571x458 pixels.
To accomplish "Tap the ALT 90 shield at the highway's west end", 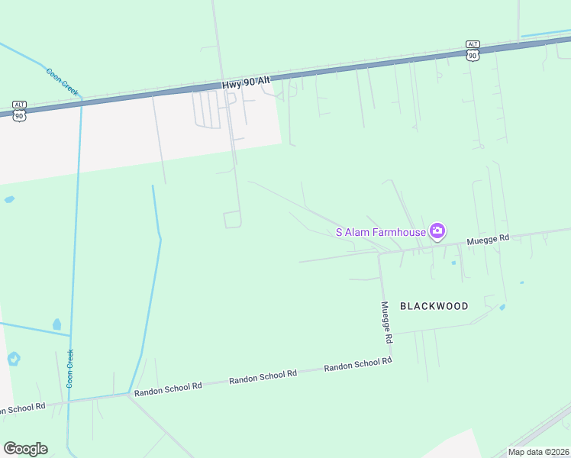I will point(20,111).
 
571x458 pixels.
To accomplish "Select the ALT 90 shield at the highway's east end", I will point(473,51).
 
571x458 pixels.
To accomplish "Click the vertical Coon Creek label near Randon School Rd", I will point(70,369).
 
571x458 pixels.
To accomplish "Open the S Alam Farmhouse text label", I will point(381,232).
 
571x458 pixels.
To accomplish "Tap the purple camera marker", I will point(437,231).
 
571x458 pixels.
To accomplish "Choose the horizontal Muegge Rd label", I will point(488,239).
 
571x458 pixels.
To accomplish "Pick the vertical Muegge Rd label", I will point(388,321).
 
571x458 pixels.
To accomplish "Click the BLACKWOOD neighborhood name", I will point(434,306).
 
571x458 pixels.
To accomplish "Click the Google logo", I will point(25,449).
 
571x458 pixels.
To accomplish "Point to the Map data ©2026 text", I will point(539,452).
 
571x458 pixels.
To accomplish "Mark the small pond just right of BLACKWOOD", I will point(502,308).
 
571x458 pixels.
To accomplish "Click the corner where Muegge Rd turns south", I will point(379,254).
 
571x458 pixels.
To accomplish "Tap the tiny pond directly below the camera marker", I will point(453,263).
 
